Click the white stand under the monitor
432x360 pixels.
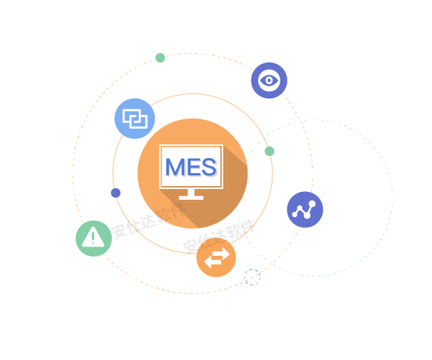191,194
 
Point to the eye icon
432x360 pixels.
269,80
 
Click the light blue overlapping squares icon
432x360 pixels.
134,118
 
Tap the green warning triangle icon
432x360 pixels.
93,238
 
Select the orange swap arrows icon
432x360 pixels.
216,259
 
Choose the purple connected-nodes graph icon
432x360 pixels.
305,209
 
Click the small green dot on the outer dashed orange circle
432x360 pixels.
160,57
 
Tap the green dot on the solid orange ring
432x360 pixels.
270,151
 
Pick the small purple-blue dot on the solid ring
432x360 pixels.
116,193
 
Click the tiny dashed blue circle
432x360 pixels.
252,277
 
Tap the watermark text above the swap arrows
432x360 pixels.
219,236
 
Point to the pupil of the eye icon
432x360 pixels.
269,80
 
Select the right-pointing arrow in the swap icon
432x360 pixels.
219,255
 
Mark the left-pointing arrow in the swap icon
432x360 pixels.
212,264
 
